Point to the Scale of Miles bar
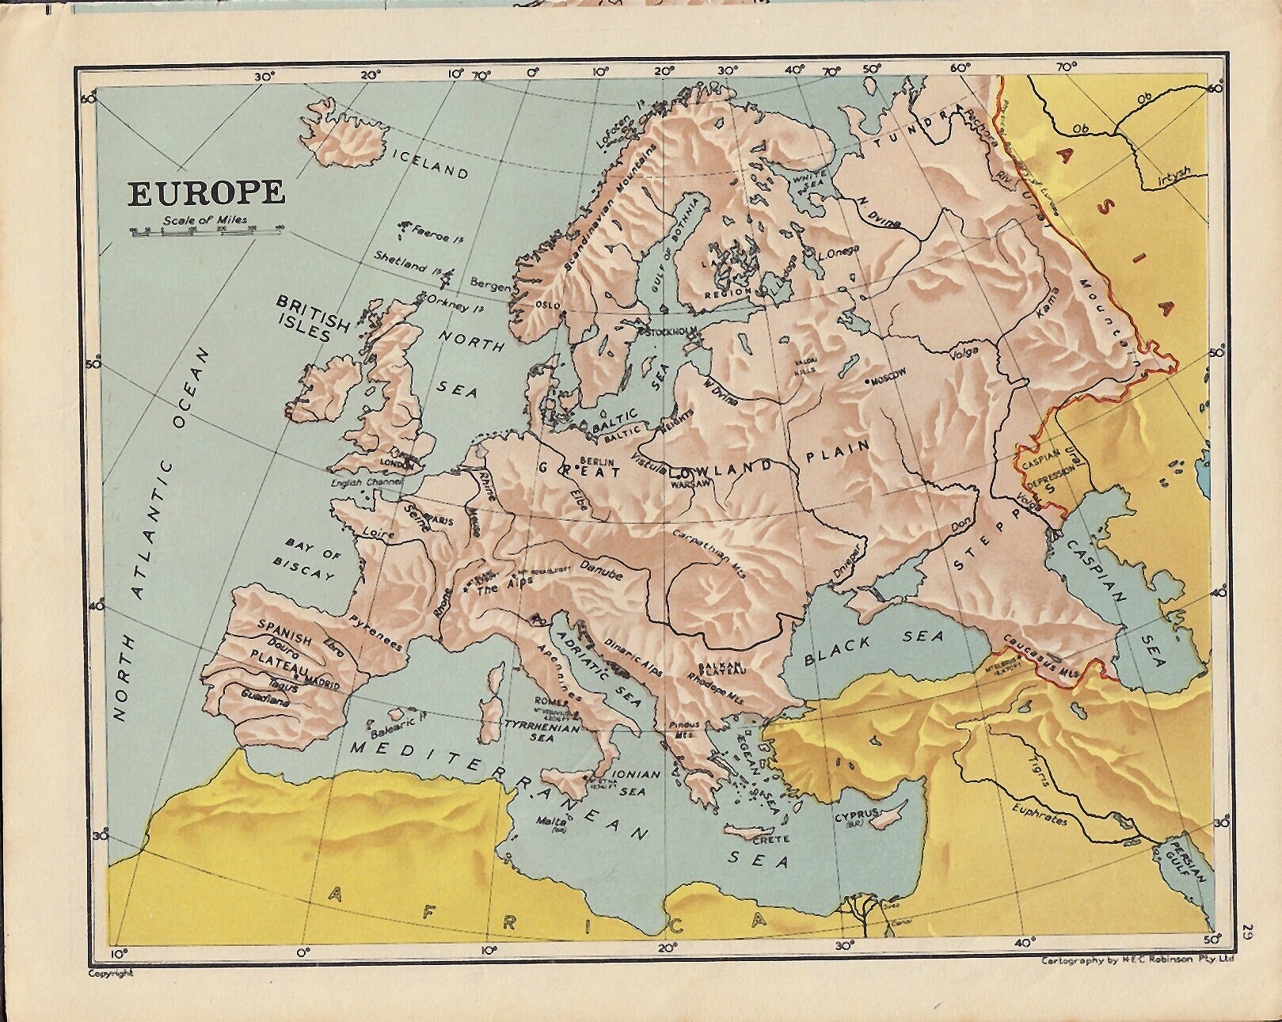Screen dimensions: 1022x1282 click(206, 231)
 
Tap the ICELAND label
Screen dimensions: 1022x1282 click(430, 165)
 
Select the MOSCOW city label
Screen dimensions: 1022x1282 click(887, 380)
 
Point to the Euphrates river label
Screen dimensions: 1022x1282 click(1040, 815)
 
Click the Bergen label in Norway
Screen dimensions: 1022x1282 click(490, 283)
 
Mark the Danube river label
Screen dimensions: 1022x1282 click(601, 569)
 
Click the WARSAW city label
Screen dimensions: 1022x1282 click(689, 484)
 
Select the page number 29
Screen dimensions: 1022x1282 click(1247, 931)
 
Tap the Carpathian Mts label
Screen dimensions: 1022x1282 click(709, 555)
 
